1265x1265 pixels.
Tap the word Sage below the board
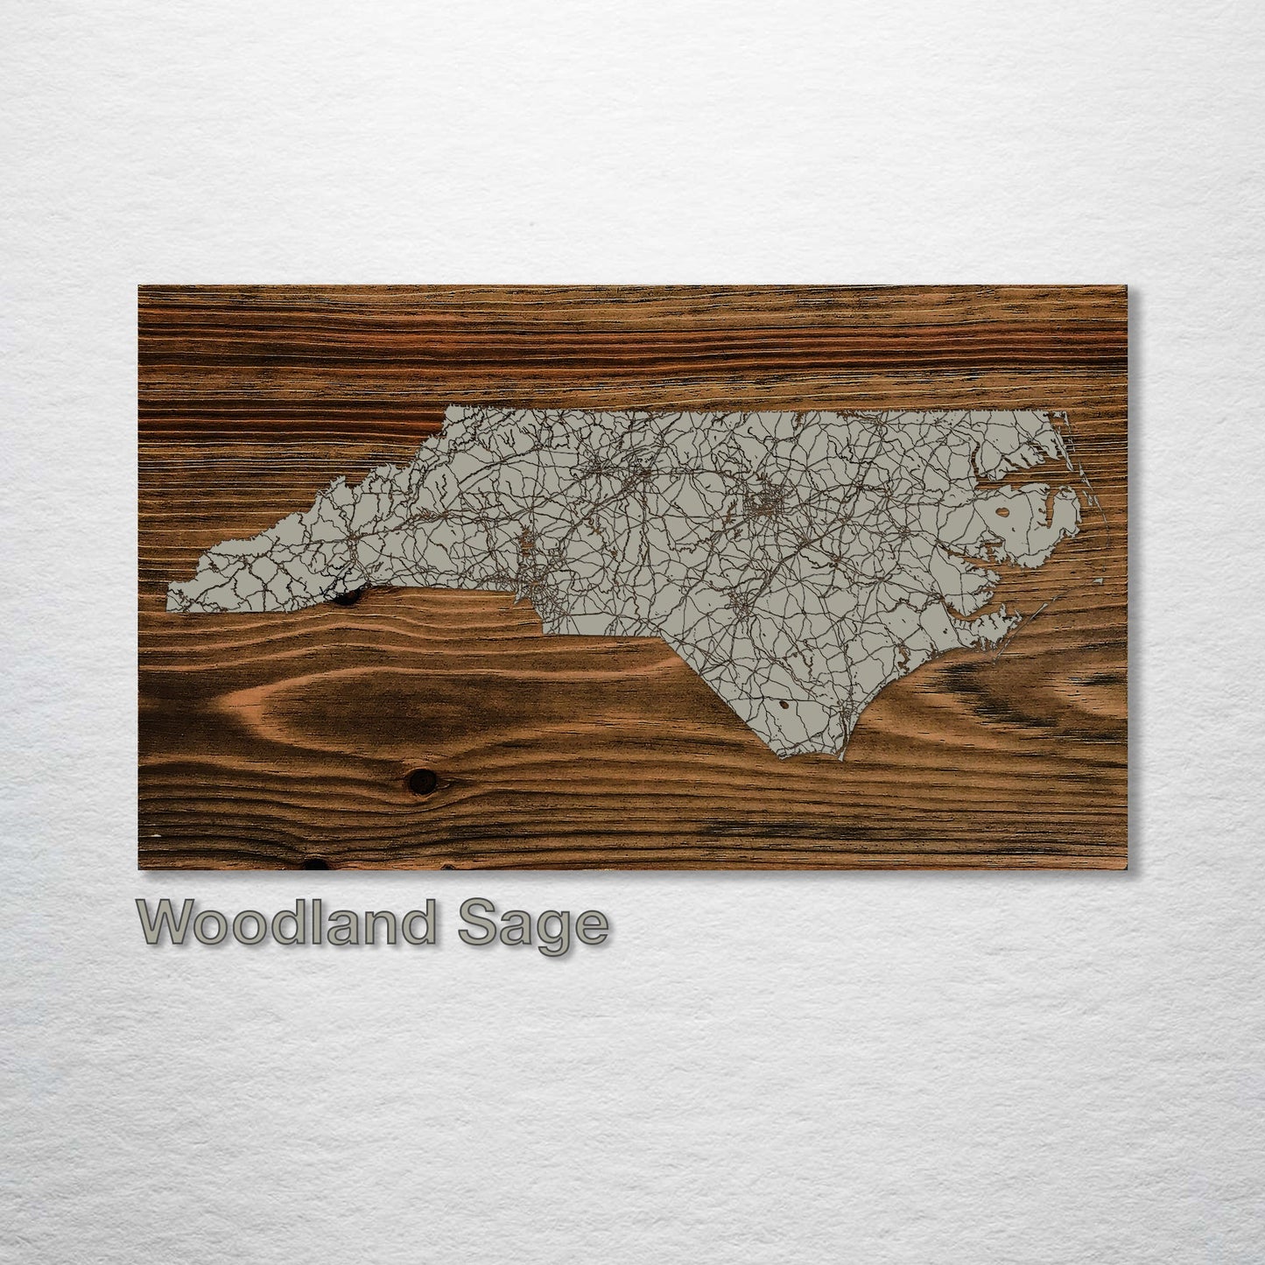532,926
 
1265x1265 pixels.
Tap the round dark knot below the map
421,778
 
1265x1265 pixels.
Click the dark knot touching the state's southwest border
348,598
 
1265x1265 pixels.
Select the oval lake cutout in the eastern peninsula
1001,512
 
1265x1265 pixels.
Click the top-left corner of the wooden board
140,287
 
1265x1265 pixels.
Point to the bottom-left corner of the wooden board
140,868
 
